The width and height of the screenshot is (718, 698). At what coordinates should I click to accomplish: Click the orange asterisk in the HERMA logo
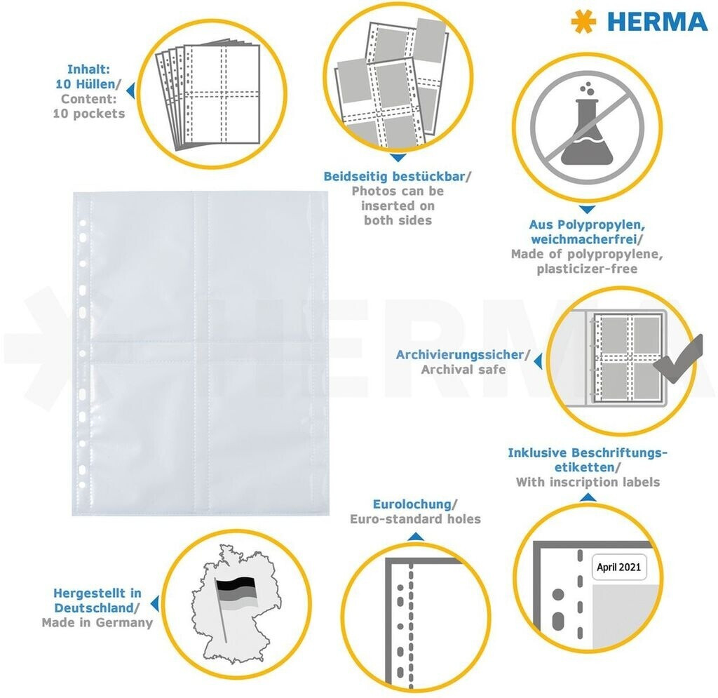[583, 22]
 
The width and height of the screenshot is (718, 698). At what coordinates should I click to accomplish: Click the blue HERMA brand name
[658, 22]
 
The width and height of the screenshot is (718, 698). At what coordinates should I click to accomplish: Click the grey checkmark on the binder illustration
[679, 361]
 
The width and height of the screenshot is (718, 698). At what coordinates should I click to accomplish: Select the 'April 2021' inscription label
[618, 567]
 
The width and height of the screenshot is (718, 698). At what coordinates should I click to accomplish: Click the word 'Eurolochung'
[412, 504]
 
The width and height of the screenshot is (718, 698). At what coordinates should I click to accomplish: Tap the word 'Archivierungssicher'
[460, 354]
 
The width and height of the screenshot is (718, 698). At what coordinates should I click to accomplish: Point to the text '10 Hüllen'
[86, 84]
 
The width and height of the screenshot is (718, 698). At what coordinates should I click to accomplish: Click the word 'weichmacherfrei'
[584, 239]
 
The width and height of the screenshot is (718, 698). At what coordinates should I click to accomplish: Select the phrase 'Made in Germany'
[97, 622]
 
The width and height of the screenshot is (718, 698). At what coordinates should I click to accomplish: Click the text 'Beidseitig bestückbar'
[394, 176]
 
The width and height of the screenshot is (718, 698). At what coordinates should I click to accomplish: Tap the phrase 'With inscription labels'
[588, 482]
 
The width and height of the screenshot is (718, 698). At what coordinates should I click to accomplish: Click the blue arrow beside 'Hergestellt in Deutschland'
[155, 604]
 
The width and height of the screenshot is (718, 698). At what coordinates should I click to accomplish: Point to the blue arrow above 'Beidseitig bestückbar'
[398, 158]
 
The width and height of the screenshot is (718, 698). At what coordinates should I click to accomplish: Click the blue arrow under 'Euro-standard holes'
[415, 537]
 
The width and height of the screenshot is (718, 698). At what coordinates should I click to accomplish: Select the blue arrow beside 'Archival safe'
[538, 361]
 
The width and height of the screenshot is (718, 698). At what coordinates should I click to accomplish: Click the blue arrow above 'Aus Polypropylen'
[587, 210]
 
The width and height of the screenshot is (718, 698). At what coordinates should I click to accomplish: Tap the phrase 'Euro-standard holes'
[415, 519]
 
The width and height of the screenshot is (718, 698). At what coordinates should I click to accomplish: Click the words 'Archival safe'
[463, 370]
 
